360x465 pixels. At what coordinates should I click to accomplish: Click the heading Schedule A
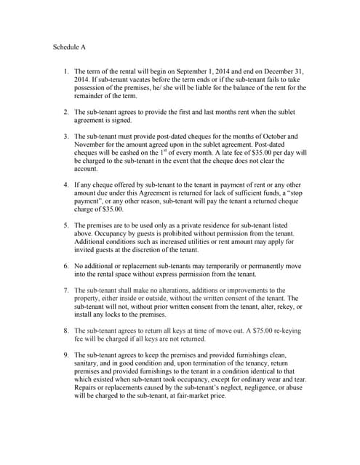(x=70, y=47)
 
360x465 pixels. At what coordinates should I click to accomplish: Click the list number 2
(x=66, y=112)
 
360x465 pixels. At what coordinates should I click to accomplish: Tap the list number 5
(x=66, y=226)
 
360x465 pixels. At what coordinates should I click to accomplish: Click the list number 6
(x=66, y=267)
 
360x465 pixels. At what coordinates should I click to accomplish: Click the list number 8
(x=66, y=331)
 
